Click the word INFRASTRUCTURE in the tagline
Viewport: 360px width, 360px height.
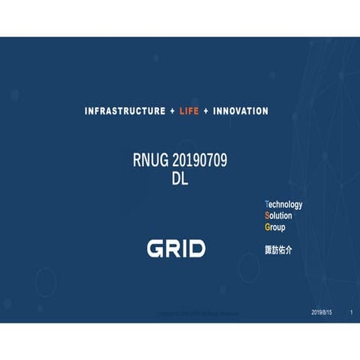pyautogui.click(x=124, y=110)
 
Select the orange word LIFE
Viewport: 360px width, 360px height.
pyautogui.click(x=190, y=110)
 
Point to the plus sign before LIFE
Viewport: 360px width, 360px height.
pyautogui.click(x=172, y=110)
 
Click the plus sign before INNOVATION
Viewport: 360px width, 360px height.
pyautogui.click(x=207, y=110)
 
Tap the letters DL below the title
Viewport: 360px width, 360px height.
pyautogui.click(x=180, y=179)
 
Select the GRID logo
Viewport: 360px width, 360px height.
pyautogui.click(x=176, y=248)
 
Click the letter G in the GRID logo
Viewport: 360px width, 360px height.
pyautogui.click(x=156, y=248)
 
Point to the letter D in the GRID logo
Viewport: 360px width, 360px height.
pyautogui.click(x=196, y=248)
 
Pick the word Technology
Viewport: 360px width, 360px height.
pyautogui.click(x=284, y=204)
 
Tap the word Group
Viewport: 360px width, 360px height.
pyautogui.click(x=275, y=226)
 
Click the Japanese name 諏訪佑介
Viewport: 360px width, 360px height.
pyautogui.click(x=278, y=249)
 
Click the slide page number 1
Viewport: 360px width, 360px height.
pyautogui.click(x=351, y=313)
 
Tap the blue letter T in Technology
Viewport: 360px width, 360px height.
pyautogui.click(x=267, y=204)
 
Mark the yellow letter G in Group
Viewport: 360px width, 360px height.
pyautogui.click(x=268, y=226)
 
